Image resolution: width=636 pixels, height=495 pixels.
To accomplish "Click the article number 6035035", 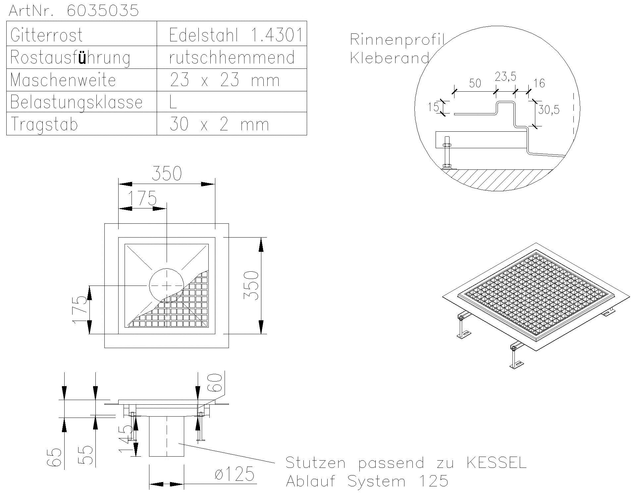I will pos(103,11).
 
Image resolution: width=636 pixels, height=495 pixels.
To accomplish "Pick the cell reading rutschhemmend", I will pos(232,58).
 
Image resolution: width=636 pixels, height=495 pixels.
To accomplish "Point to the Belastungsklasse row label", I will pos(76,102).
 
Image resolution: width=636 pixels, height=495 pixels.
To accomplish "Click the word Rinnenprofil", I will pos(397,40).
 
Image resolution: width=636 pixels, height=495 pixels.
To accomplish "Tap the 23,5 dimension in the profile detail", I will pos(505,77).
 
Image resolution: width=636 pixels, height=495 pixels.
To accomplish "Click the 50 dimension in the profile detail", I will pos(475,83).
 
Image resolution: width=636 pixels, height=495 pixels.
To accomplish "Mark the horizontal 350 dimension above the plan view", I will pos(167,174).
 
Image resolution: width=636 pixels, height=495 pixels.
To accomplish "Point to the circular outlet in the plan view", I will pos(166,285).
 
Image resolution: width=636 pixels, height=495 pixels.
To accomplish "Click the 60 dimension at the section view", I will pos(216,383).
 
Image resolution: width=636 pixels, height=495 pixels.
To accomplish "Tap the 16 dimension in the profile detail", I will pos(539,83).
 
